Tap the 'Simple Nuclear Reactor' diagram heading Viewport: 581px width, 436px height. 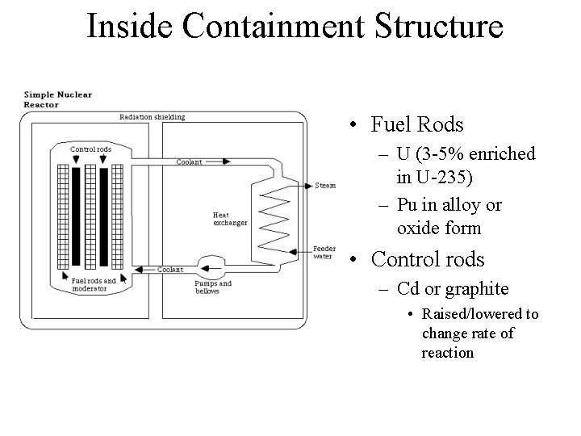point(57,99)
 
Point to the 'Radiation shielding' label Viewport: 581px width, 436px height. point(152,117)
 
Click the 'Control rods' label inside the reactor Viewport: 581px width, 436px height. point(90,149)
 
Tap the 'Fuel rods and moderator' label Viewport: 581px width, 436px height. point(94,284)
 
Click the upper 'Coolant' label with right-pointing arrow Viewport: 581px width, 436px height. point(190,162)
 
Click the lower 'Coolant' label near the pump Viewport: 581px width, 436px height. point(170,270)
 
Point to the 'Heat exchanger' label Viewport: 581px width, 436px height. point(230,219)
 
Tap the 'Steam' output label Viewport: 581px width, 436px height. point(325,185)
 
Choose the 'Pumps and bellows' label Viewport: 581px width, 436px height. point(213,287)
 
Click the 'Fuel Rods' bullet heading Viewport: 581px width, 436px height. point(417,125)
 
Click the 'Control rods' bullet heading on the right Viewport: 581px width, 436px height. point(427,260)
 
